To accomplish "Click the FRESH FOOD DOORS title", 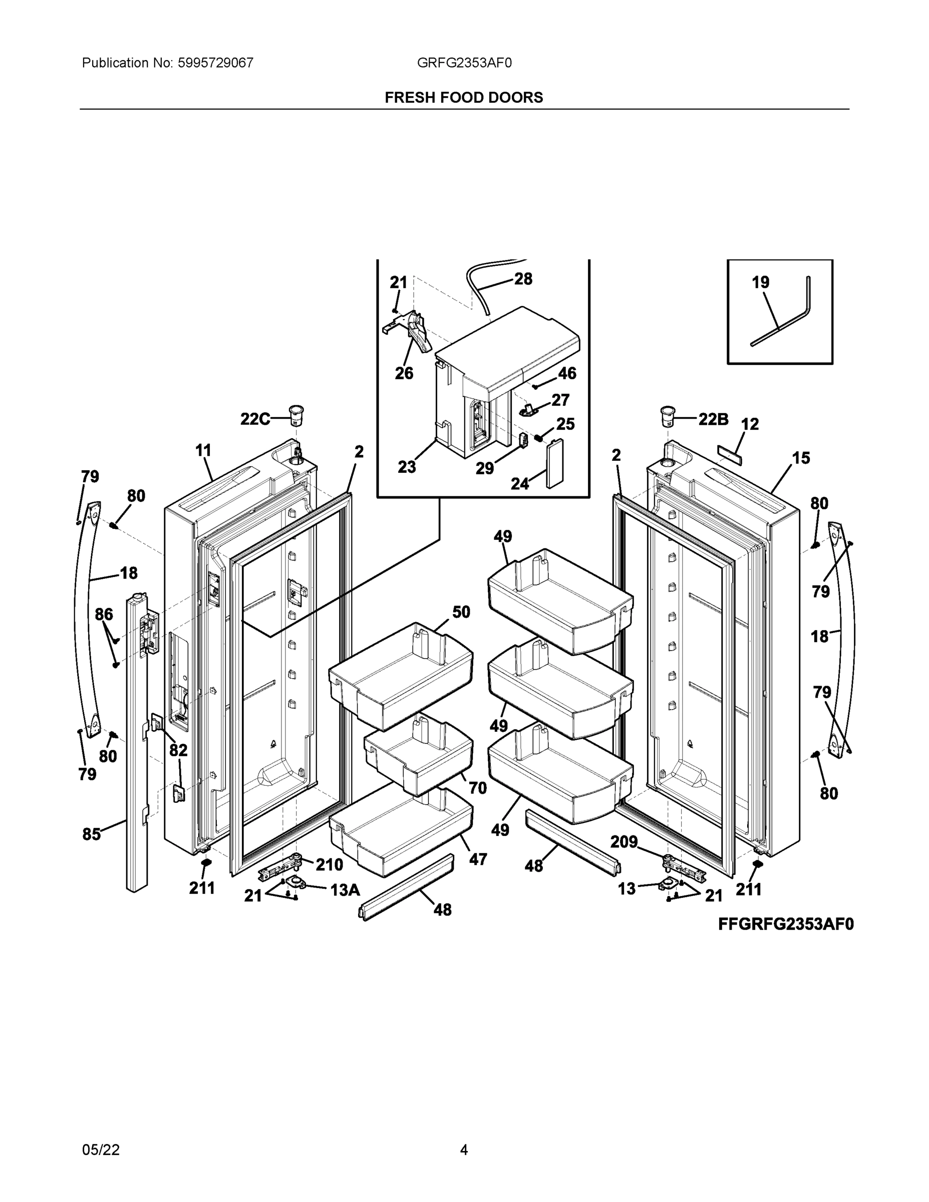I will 463,98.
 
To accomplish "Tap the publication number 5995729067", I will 215,63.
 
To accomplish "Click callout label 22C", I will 255,419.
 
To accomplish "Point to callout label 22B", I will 713,419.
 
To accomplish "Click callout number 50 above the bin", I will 461,612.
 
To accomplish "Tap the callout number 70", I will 477,788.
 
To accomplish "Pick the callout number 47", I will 477,858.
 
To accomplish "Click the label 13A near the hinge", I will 345,890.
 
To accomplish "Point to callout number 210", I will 329,864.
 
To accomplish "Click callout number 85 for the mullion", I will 92,834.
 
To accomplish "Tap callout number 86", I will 104,614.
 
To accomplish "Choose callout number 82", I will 178,750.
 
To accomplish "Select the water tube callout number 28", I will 523,279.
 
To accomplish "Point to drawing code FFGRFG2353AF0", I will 785,924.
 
